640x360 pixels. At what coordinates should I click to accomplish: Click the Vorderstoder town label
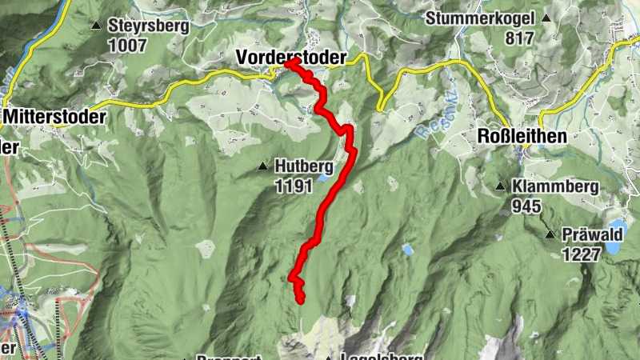pyautogui.click(x=291, y=57)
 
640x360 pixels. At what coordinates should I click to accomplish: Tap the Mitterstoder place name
pyautogui.click(x=54, y=117)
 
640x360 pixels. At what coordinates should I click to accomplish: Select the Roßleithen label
pyautogui.click(x=522, y=136)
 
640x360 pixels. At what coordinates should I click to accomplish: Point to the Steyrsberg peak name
pyautogui.click(x=149, y=26)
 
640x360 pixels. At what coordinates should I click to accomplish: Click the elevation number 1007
pyautogui.click(x=128, y=45)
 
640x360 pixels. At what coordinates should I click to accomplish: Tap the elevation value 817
pyautogui.click(x=519, y=37)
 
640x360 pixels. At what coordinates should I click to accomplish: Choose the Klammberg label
pyautogui.click(x=557, y=187)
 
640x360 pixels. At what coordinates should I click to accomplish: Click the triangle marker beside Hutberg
pyautogui.click(x=262, y=166)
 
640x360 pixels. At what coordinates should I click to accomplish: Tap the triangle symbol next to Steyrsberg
pyautogui.click(x=96, y=26)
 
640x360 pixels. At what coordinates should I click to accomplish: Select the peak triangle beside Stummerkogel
pyautogui.click(x=546, y=18)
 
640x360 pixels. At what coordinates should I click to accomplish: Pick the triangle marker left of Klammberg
pyautogui.click(x=500, y=187)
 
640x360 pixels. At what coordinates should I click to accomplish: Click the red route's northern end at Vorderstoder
pyautogui.click(x=290, y=63)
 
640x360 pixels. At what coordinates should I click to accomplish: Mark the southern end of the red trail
pyautogui.click(x=301, y=300)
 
